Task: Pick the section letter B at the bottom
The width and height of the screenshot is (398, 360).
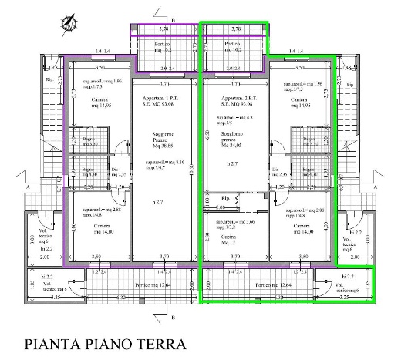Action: [173, 316]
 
